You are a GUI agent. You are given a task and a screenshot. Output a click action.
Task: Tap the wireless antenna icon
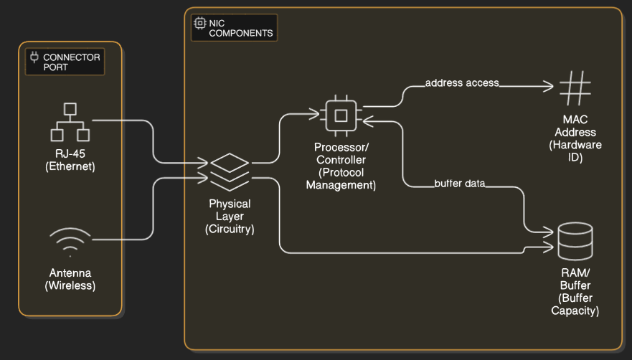coord(70,242)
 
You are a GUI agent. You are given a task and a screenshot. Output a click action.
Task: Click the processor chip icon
coord(341,115)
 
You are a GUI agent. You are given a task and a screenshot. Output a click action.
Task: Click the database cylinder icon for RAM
coord(575,241)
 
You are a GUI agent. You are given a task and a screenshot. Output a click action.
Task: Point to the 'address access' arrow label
coord(461,83)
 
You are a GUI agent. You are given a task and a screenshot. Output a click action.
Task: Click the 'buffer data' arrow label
coord(460,184)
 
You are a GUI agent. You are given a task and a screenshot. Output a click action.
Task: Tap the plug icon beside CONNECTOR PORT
coord(34,57)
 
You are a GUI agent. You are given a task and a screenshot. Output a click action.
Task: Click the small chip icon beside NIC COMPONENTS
coord(200,23)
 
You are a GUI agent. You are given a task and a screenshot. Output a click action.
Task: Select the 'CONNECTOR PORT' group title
coord(72,62)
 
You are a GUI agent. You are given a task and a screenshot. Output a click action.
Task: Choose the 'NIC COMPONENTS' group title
coord(240,28)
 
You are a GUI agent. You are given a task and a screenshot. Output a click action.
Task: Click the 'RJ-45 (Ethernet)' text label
coord(70,161)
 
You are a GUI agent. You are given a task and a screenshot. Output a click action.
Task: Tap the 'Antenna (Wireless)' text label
coord(70,279)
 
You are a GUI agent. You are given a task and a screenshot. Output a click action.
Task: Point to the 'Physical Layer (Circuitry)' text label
coord(230,217)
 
